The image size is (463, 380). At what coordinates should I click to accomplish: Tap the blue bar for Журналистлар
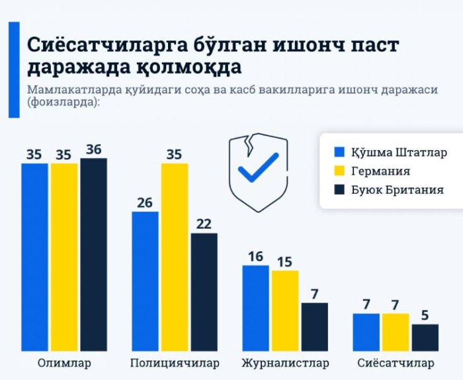click(x=255, y=307)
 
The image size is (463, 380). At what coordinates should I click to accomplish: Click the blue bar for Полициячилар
click(x=145, y=280)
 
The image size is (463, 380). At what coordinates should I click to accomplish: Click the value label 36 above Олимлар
click(x=93, y=149)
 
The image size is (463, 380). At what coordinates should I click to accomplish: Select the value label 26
click(x=145, y=202)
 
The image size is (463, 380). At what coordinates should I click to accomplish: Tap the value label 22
click(x=204, y=223)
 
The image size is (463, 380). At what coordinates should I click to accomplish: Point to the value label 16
click(x=255, y=256)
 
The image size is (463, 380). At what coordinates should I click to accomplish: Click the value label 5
click(x=425, y=315)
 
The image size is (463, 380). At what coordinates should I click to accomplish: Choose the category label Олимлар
click(x=64, y=363)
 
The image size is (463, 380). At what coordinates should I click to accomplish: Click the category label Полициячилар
click(x=174, y=363)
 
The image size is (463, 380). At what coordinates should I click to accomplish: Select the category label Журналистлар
click(x=284, y=363)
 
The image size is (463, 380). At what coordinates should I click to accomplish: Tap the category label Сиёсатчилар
click(x=396, y=363)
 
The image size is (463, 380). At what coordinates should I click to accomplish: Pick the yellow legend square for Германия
click(x=341, y=171)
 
